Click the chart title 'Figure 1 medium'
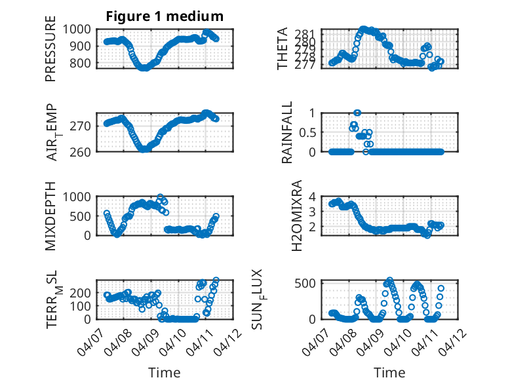pos(165,16)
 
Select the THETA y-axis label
pos(283,48)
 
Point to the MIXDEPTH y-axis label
pos(50,216)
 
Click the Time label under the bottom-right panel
pos(389,373)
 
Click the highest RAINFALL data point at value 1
pos(357,113)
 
